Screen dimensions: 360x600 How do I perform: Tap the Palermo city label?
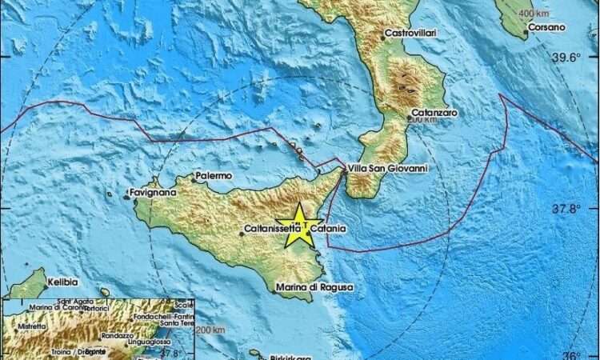click(214, 175)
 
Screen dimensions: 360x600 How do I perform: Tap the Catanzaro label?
click(434, 114)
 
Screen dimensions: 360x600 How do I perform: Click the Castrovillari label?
click(411, 33)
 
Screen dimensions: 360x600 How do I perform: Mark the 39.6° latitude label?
click(570, 57)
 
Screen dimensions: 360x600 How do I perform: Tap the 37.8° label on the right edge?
click(570, 210)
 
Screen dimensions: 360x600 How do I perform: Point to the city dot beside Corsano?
click(526, 33)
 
